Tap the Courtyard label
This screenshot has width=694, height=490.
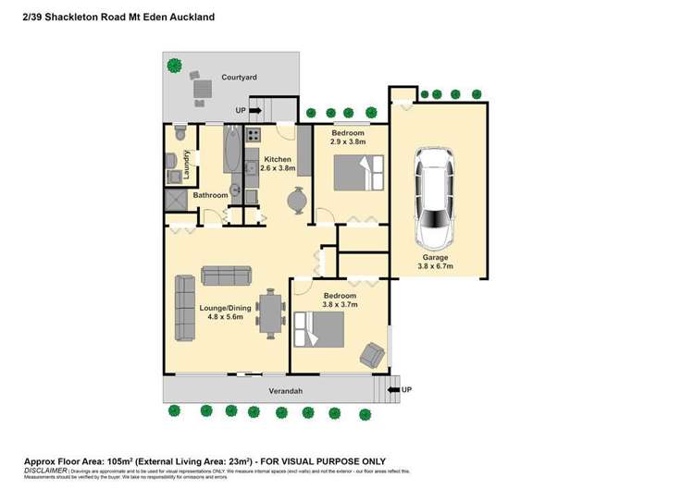[239, 79]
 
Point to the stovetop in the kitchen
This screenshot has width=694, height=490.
[252, 139]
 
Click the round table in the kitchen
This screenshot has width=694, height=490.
[296, 200]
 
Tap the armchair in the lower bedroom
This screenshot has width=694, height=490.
[372, 353]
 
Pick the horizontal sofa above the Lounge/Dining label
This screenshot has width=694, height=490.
[226, 275]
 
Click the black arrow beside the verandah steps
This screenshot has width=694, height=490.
[392, 390]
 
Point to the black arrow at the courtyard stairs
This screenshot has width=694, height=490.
[255, 111]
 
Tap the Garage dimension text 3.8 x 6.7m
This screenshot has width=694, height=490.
[436, 266]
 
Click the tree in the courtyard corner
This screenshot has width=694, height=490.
[174, 65]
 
